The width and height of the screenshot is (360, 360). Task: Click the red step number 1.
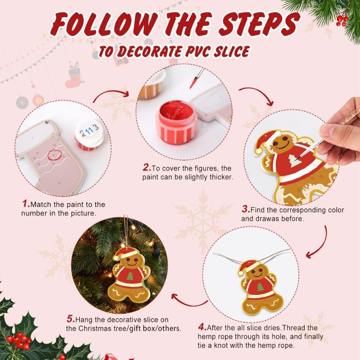click(x=26, y=204)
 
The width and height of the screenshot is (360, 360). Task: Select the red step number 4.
click(x=202, y=328)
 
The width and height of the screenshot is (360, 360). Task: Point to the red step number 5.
click(x=71, y=319)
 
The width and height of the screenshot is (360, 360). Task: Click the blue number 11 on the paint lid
click(x=90, y=129)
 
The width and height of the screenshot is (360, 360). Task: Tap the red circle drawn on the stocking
click(x=53, y=154)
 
